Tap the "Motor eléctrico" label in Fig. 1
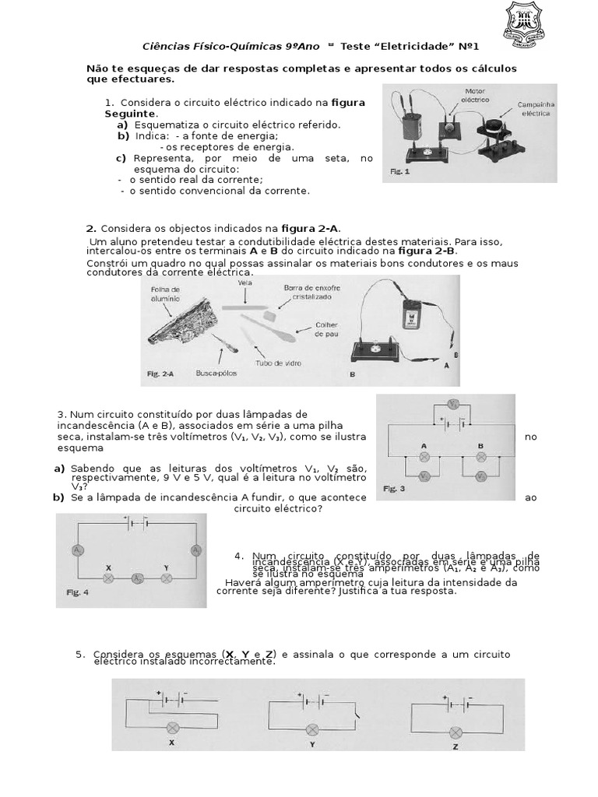(475, 96)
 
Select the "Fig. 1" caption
(399, 171)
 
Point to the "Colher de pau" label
(325, 328)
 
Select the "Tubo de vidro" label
(273, 363)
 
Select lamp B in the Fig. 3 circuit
(480, 458)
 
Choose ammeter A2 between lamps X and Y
(137, 578)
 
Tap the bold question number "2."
(91, 228)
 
